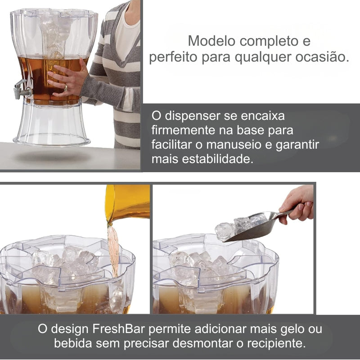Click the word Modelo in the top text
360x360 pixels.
point(211,41)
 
